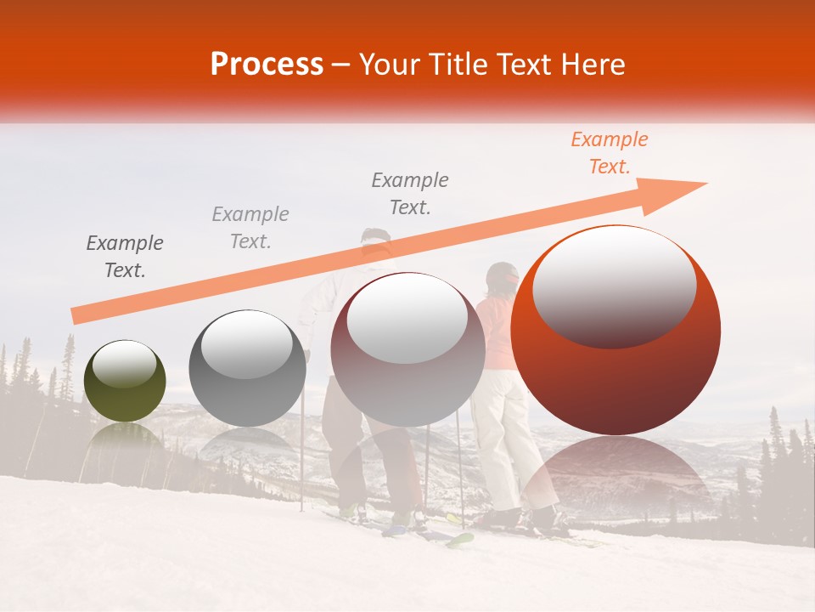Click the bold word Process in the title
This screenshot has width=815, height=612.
267,64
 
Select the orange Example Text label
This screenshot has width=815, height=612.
609,153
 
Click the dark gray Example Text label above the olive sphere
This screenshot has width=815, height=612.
125,257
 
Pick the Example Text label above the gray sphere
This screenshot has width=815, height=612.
250,228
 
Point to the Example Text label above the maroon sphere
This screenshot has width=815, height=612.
410,194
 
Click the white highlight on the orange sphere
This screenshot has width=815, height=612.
614,285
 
